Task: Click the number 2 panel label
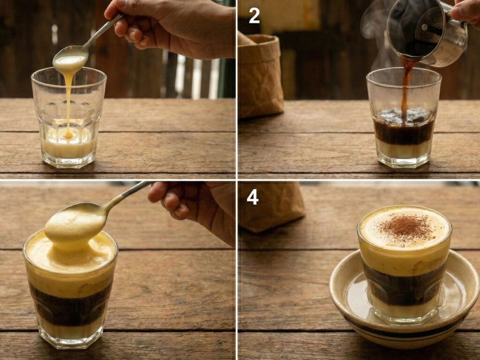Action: point(254,16)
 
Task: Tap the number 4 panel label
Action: point(253,197)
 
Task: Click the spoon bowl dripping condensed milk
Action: point(70,59)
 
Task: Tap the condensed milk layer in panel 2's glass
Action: point(403,149)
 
